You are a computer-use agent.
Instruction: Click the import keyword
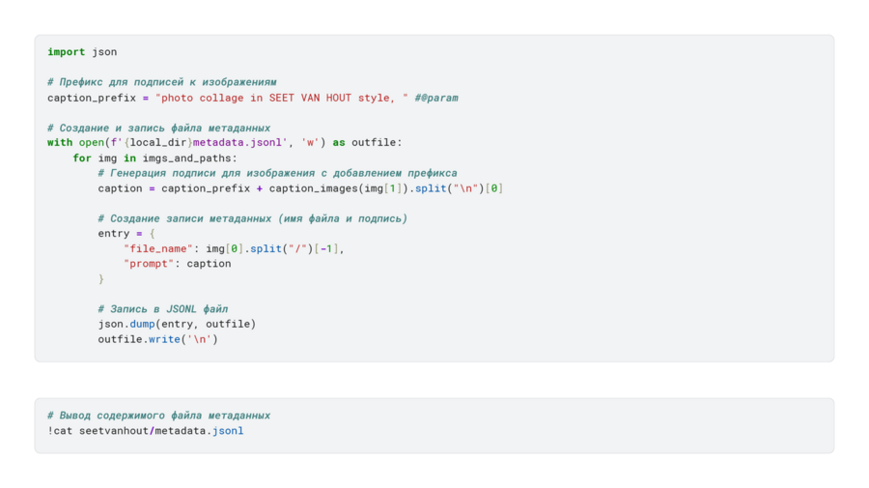(x=66, y=52)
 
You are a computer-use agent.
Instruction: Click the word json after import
(x=104, y=52)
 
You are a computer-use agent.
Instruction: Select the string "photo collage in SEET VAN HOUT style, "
(x=282, y=98)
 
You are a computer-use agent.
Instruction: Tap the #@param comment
(x=436, y=98)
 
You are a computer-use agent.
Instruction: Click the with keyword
(x=60, y=142)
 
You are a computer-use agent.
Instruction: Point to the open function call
(x=92, y=142)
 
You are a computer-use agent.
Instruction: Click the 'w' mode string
(x=310, y=142)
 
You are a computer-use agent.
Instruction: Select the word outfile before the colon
(x=374, y=142)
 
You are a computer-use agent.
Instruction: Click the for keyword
(x=82, y=158)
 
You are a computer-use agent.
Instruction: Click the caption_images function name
(x=313, y=188)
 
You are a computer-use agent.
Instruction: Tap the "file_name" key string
(x=158, y=248)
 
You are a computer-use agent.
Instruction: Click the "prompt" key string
(x=149, y=264)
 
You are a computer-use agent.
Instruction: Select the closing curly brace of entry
(x=100, y=279)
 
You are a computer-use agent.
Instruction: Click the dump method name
(x=143, y=324)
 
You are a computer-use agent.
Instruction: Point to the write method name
(x=164, y=339)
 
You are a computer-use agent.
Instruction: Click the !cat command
(x=60, y=430)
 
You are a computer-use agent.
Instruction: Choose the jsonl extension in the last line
(x=228, y=431)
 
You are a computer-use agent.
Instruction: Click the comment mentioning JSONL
(x=163, y=309)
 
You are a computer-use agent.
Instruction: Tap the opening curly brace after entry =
(x=152, y=234)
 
